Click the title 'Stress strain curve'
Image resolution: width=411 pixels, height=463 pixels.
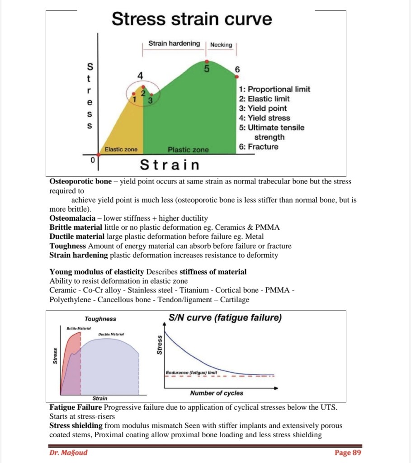click(192, 19)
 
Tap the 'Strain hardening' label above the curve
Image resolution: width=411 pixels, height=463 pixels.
click(174, 43)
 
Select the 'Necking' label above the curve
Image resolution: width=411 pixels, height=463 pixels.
click(221, 45)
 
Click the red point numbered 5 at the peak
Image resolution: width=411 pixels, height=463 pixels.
click(207, 61)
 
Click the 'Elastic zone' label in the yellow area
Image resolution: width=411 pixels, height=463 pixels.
click(121, 149)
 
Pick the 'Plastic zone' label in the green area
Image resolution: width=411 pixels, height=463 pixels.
click(188, 150)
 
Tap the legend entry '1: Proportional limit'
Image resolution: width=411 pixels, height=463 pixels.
click(274, 89)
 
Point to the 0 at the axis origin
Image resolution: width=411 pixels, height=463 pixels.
click(92, 160)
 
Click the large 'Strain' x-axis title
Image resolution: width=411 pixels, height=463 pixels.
click(170, 165)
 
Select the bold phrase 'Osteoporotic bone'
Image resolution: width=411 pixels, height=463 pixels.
click(80, 181)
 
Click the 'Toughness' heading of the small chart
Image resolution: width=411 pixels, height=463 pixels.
click(100, 319)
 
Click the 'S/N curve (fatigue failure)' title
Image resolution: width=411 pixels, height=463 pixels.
click(225, 318)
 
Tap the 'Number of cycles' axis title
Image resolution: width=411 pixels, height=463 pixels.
click(217, 393)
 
